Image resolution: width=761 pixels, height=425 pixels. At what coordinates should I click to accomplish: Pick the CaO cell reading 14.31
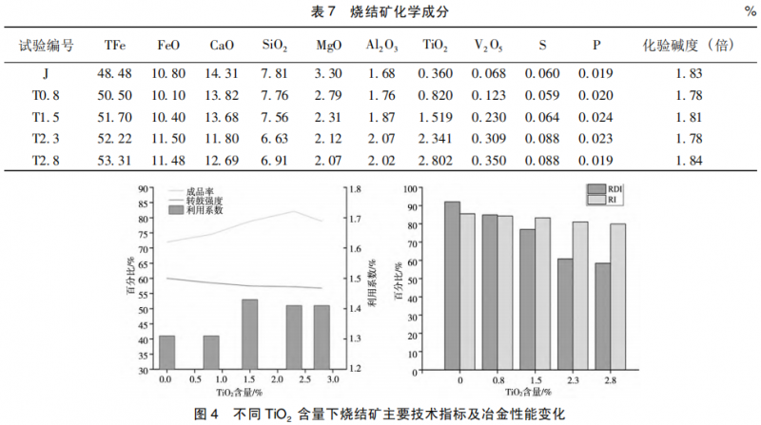click(223, 73)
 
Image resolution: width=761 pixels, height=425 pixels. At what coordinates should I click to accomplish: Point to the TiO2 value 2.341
click(436, 140)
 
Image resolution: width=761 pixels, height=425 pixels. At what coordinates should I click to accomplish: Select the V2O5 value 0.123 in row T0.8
click(489, 95)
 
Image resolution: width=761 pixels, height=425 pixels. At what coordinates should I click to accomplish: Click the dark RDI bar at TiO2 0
click(452, 284)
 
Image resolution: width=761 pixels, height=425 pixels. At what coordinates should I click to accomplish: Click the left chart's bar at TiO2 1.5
click(249, 334)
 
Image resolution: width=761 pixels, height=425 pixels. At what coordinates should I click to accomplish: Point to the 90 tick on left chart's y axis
click(143, 188)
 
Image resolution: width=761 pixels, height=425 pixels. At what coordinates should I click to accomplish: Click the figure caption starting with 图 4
click(380, 414)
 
